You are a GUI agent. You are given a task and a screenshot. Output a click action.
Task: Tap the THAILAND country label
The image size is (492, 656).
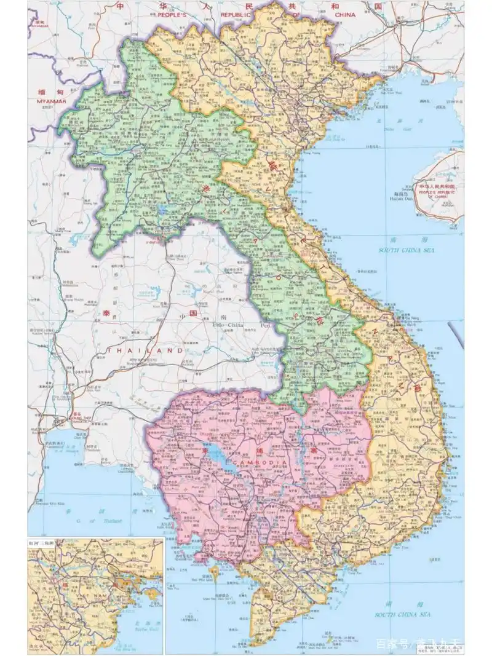(x=145, y=350)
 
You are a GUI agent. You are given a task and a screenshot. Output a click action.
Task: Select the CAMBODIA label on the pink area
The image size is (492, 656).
(x=260, y=459)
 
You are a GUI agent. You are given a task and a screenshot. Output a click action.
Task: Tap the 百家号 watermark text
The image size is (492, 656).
(x=391, y=644)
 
